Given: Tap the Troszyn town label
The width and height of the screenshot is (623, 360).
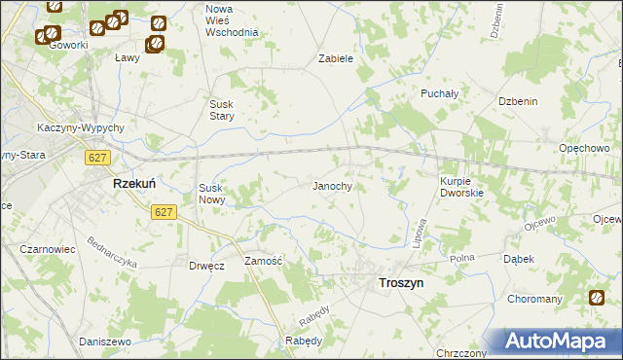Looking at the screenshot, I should [399, 281].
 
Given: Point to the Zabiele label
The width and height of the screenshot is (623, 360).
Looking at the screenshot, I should [335, 58].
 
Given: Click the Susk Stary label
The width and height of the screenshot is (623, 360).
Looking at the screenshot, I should [230, 110].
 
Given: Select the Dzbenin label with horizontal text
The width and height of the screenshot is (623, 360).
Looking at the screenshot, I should [519, 101].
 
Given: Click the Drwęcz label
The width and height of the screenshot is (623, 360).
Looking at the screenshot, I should [205, 266].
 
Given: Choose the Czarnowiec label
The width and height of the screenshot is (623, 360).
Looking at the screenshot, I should [48, 249].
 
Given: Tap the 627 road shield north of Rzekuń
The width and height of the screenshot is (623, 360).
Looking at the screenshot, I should [95, 157].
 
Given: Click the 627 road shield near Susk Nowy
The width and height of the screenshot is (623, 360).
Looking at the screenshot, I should [163, 210].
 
